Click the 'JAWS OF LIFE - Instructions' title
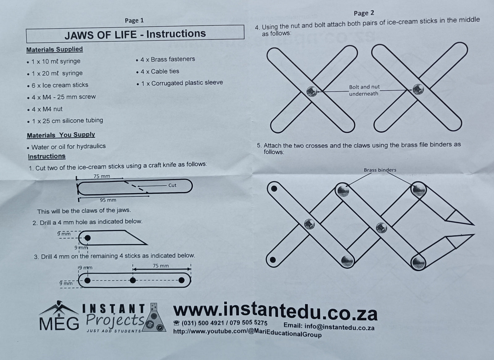point(135,34)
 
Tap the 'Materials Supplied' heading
point(55,49)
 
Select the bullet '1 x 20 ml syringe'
point(57,73)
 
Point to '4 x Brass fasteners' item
point(168,59)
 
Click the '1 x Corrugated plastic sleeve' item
point(182,83)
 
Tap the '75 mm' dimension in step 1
point(102,176)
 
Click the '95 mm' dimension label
point(108,200)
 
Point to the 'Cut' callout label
point(172,185)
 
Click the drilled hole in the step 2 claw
point(87,238)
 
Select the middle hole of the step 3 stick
point(133,280)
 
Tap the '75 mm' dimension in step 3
point(161,266)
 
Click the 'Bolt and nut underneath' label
point(364,90)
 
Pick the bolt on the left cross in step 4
point(312,91)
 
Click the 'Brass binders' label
point(380,170)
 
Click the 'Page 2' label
point(364,13)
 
